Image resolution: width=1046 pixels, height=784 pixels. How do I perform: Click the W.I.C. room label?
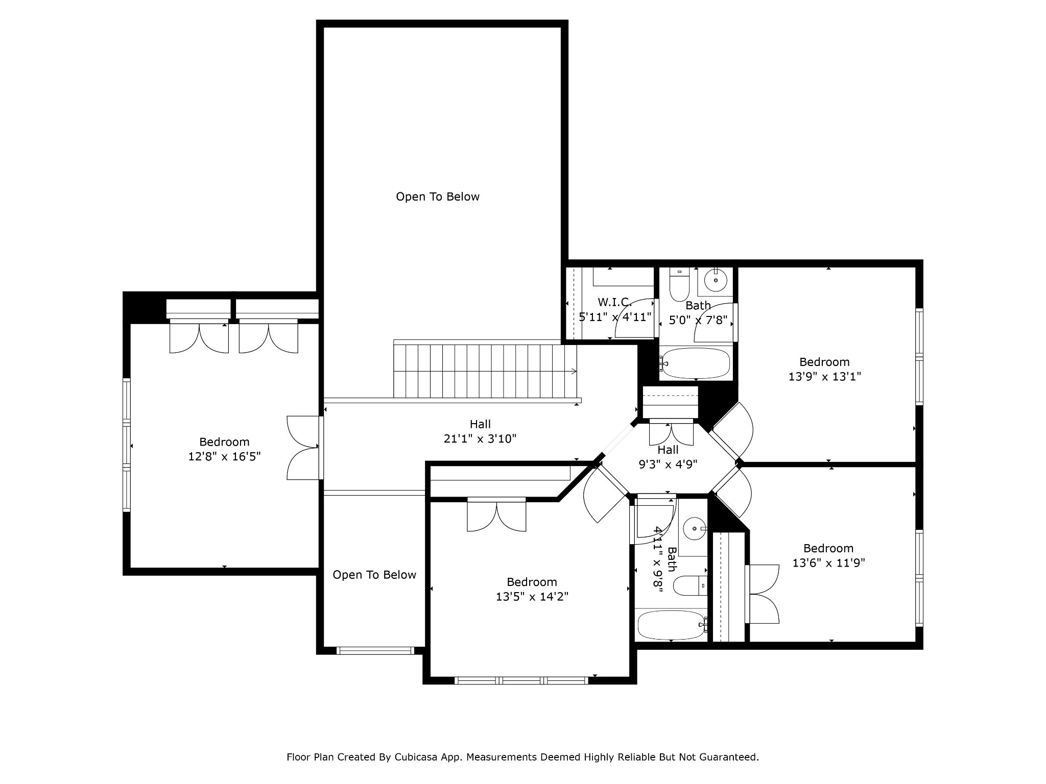[615, 302]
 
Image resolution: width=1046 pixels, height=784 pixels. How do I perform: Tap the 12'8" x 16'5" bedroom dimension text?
[224, 456]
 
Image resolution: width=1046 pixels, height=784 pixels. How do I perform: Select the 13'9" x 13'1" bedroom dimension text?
[824, 377]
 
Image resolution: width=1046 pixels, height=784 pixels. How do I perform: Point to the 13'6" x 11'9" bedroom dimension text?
[828, 563]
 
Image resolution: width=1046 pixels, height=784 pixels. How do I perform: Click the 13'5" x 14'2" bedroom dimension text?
[532, 596]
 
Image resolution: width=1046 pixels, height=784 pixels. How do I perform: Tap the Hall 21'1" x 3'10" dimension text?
[480, 438]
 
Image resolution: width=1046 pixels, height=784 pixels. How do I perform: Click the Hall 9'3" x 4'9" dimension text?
[668, 464]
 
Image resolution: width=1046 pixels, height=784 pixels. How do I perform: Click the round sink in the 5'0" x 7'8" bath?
[716, 280]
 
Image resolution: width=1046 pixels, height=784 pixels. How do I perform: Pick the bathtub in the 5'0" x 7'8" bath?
[696, 363]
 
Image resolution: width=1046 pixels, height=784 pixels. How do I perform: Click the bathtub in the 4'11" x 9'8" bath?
[671, 625]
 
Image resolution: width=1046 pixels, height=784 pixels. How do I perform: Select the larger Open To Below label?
[438, 197]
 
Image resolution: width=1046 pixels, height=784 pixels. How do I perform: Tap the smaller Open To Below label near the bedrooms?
[374, 575]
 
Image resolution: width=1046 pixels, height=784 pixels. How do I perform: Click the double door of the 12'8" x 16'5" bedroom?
[303, 448]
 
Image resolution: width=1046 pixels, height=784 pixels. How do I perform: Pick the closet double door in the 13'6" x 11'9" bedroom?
[764, 594]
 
